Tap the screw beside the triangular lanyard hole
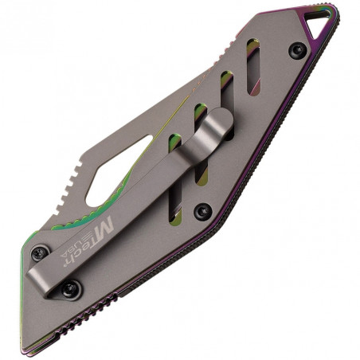(x=299, y=51)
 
